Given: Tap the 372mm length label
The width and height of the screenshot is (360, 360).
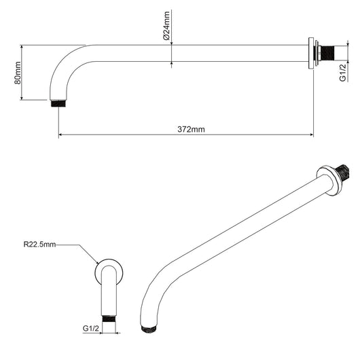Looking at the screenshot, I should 190,128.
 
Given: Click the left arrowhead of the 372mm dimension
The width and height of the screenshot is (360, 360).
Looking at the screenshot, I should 62,135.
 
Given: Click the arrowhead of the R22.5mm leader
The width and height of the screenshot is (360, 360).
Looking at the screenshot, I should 97,264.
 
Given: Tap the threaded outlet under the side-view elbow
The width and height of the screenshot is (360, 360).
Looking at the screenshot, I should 59,105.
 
